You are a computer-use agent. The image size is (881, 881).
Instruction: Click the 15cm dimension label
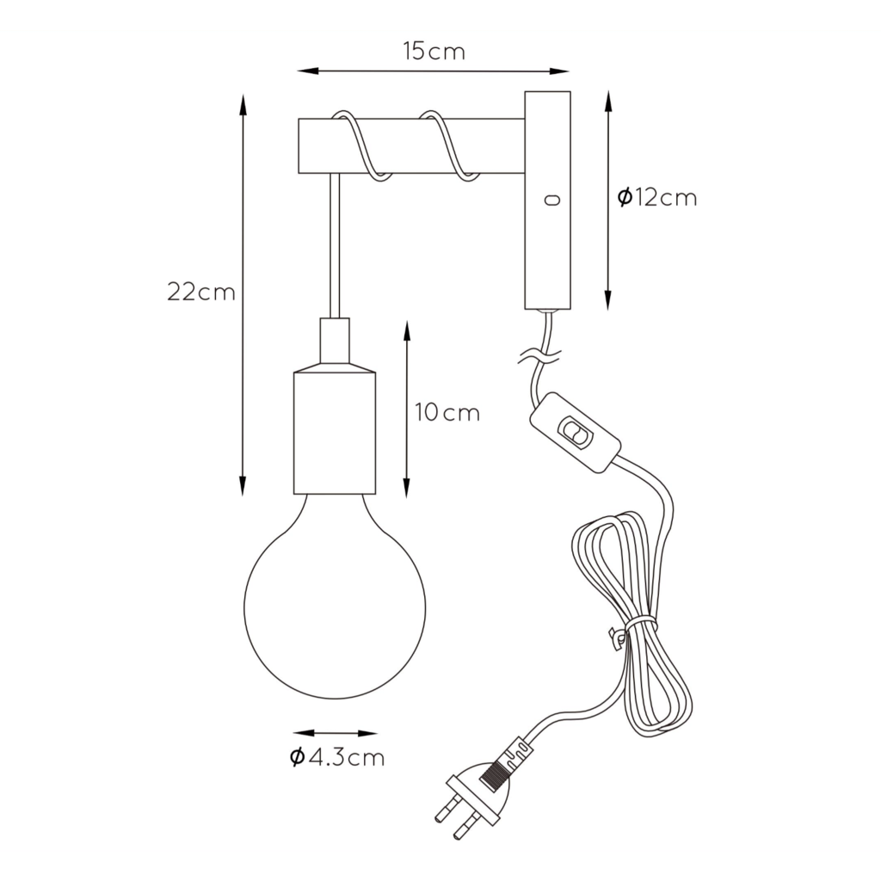[x=434, y=52]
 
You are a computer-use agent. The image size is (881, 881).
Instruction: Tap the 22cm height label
[x=201, y=293]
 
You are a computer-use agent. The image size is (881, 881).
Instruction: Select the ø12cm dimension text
[x=656, y=197]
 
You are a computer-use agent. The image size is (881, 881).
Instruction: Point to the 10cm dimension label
[x=447, y=412]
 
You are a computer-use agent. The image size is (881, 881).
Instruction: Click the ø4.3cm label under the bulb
[x=337, y=757]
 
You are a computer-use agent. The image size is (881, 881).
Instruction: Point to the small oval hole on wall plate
[x=553, y=200]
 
